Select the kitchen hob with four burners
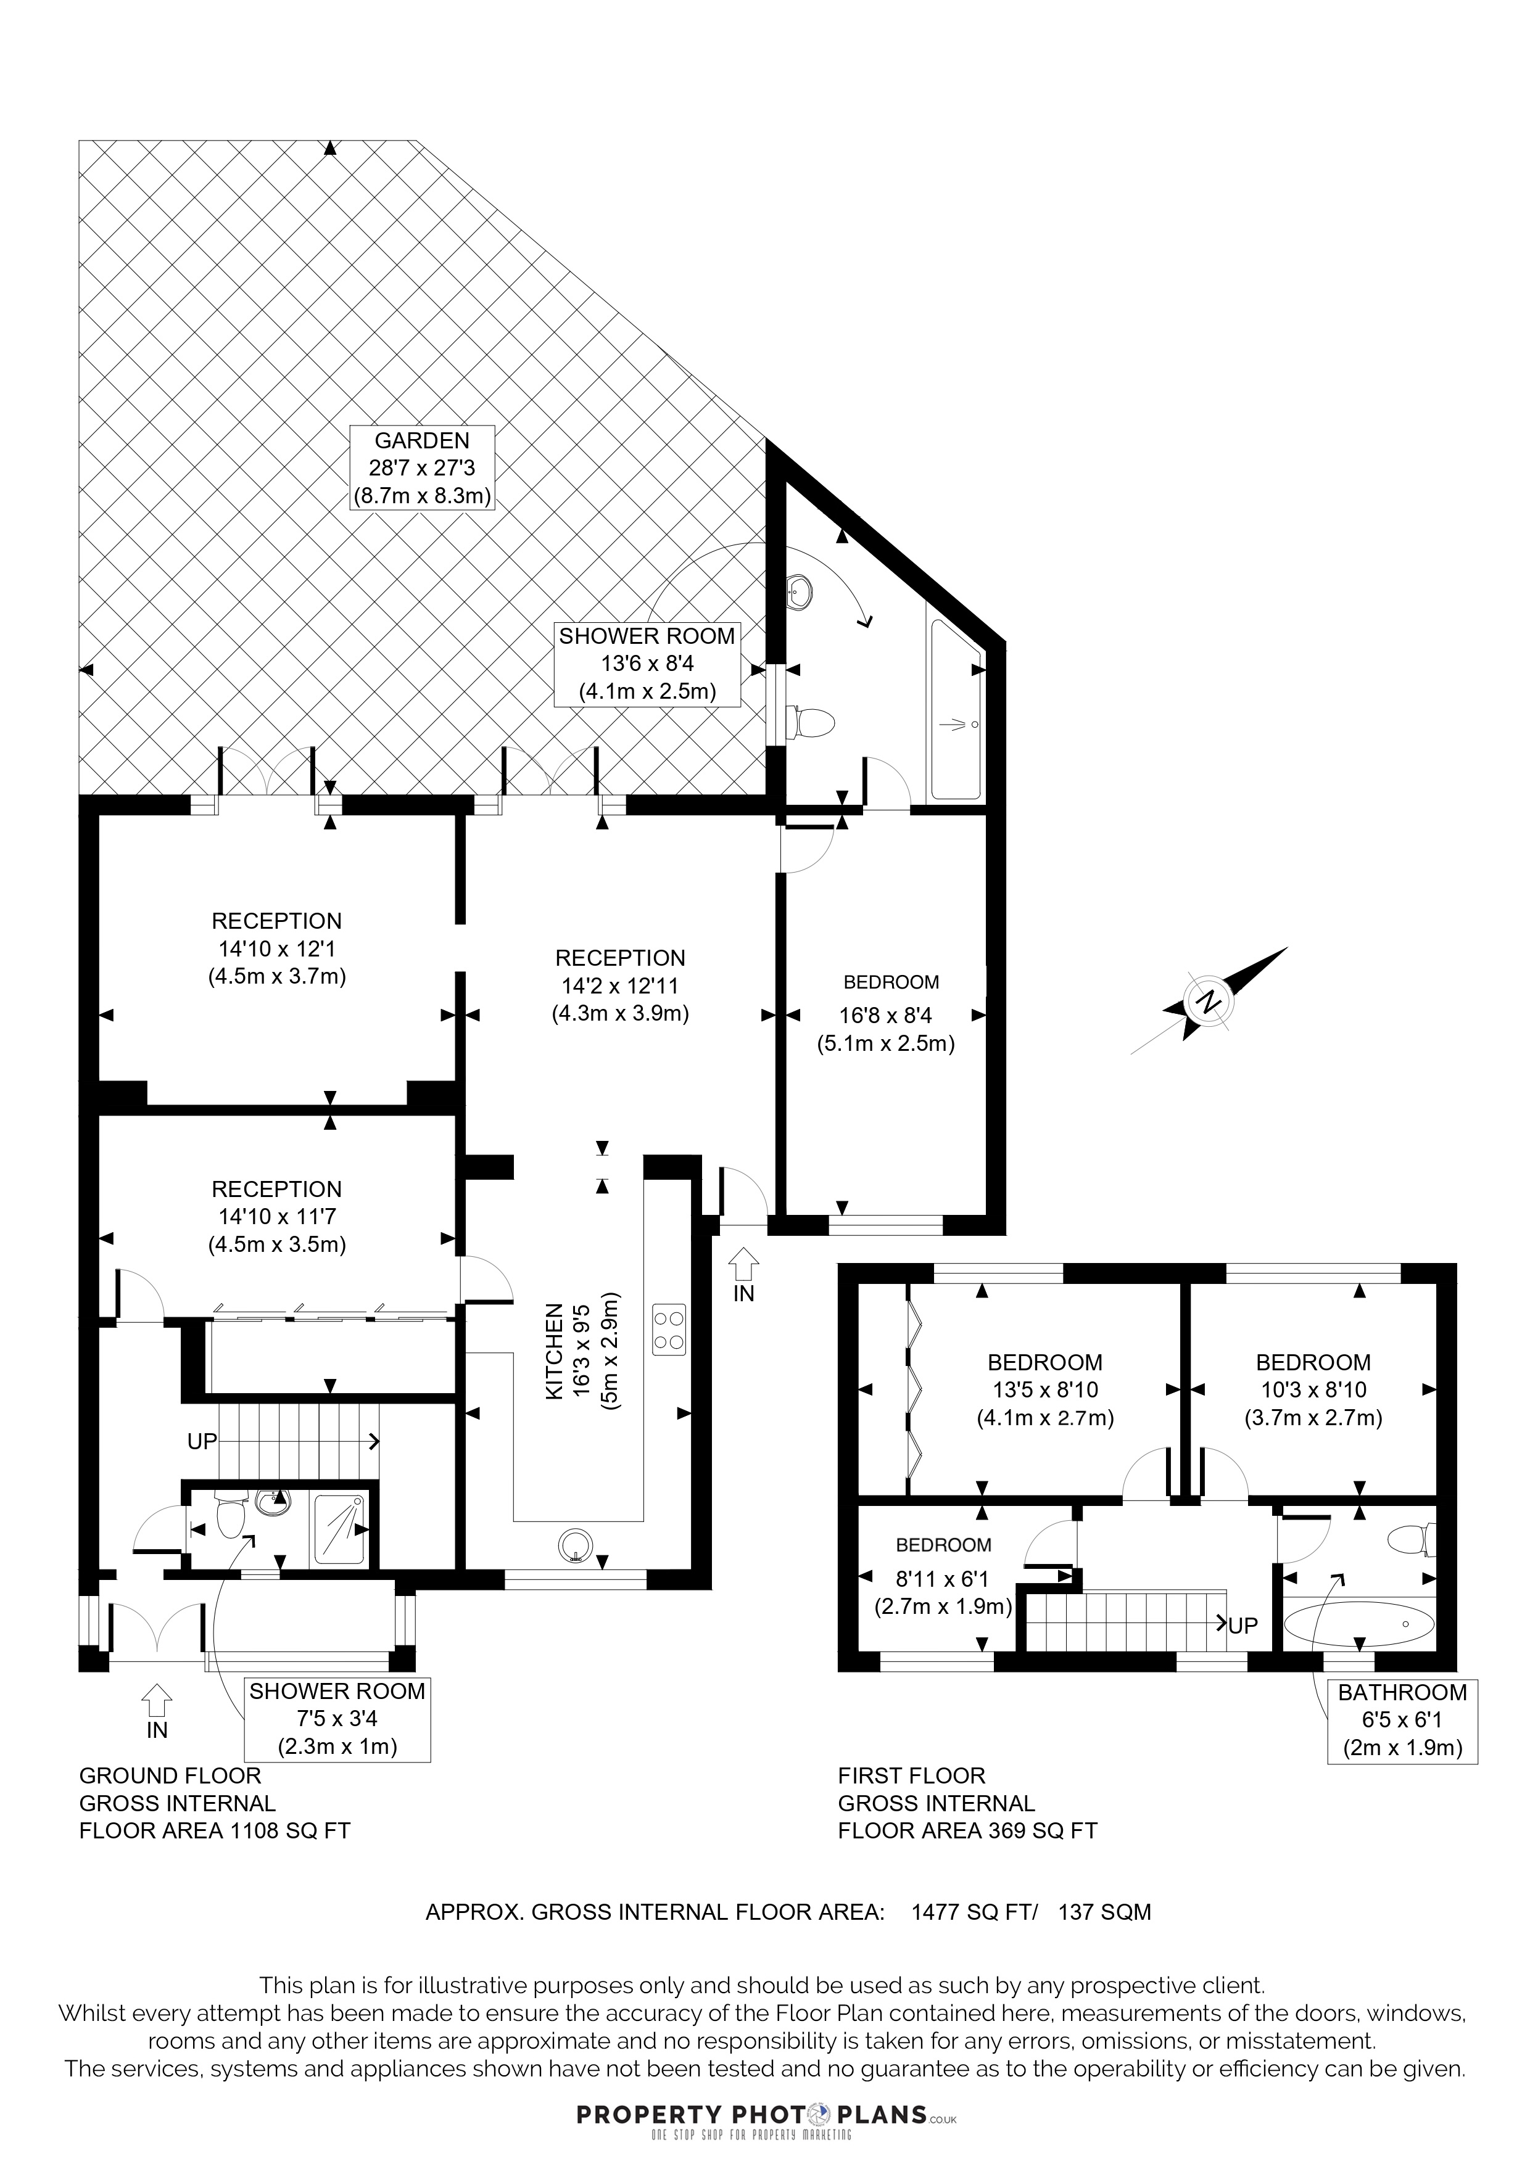point(668,1330)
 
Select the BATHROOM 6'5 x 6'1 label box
point(1402,1721)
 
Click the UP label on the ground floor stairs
point(203,1441)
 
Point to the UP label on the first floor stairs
point(1243,1625)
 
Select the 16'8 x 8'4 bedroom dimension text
point(885,1016)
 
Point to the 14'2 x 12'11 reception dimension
point(620,986)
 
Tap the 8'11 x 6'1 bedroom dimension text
point(943,1579)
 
